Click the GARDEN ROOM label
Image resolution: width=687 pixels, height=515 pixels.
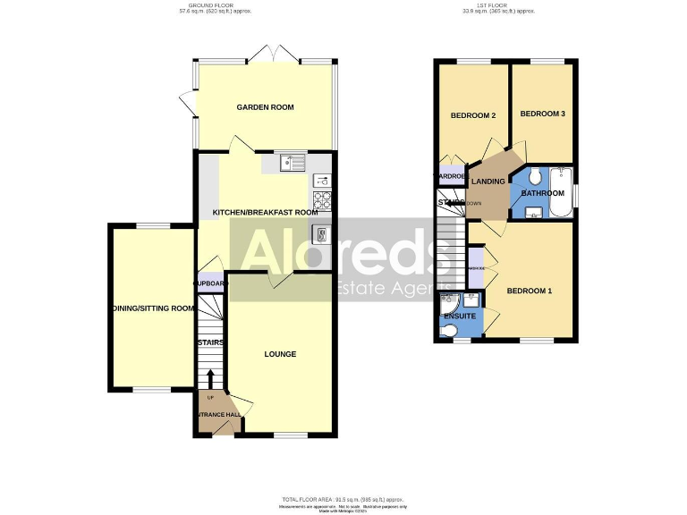coord(265,107)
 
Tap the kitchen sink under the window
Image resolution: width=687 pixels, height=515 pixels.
coord(292,163)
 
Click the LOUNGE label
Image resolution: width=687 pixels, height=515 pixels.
coord(280,354)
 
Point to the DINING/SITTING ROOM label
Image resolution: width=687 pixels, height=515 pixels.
coord(152,308)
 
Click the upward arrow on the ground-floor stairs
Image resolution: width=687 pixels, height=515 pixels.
coord(211,377)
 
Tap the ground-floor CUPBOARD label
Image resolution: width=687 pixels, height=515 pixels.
coord(211,283)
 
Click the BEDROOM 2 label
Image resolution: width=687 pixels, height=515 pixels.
coord(472,115)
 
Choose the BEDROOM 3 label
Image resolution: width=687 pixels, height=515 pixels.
coord(543,114)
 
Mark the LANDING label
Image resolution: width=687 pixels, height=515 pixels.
coord(488,182)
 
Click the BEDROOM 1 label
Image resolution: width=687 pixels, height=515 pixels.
coord(530,291)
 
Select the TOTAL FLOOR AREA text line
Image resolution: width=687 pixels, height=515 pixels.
coord(343,498)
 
